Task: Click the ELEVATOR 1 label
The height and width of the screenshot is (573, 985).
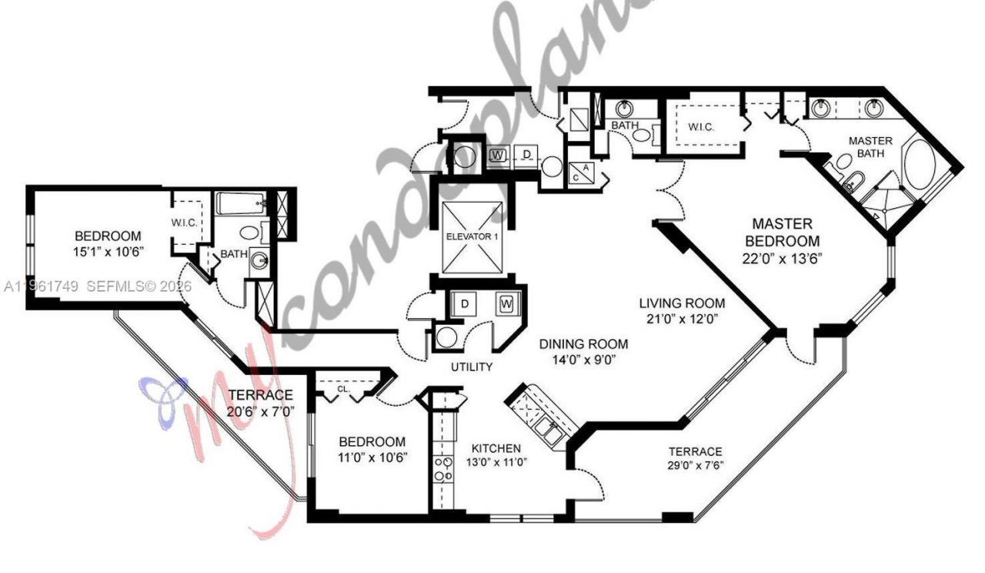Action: pos(473,236)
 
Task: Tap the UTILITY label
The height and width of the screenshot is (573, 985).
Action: pos(472,367)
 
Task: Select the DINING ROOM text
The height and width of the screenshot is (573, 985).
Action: pos(583,344)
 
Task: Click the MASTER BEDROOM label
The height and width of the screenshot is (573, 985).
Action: pos(781,233)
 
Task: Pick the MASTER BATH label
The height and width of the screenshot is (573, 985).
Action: pos(870,147)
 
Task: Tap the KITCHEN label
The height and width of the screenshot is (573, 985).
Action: pos(496,448)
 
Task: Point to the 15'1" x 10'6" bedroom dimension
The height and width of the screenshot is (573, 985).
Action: pos(108,250)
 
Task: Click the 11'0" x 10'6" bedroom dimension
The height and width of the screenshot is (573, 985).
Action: pos(372,457)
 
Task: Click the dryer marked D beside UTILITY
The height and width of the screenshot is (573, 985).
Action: pos(465,303)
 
